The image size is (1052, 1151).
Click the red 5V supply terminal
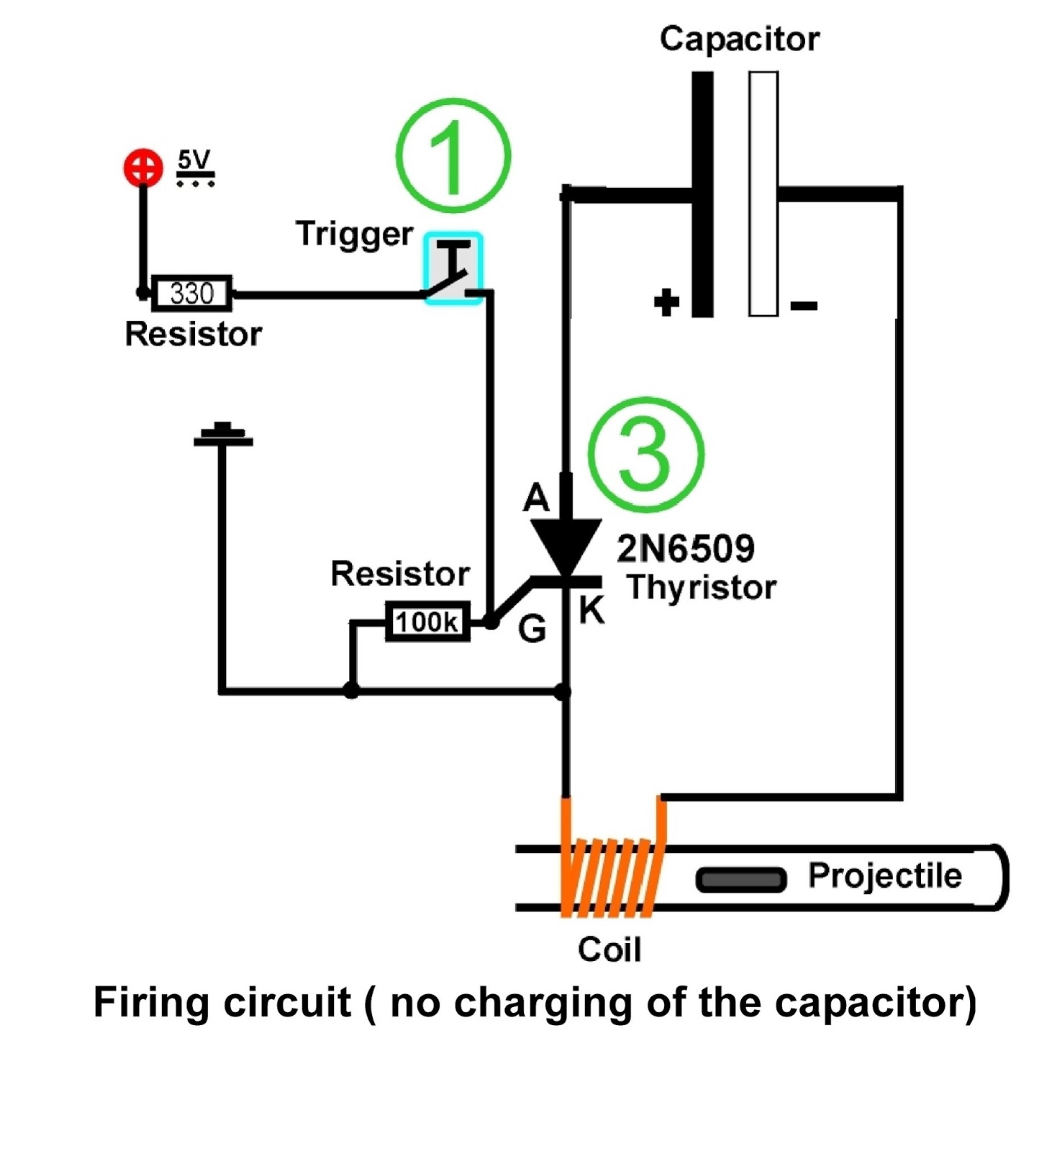142,168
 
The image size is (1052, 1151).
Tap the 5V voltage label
195,168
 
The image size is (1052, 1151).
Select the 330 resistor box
192,294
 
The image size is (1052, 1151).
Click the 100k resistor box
427,622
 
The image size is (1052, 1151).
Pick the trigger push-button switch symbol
453,268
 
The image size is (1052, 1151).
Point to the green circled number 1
453,155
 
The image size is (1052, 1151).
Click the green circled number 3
645,455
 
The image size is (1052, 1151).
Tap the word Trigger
354,235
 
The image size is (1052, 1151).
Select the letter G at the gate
532,629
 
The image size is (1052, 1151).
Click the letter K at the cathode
591,610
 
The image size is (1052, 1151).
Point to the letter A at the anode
536,497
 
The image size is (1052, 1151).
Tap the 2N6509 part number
686,549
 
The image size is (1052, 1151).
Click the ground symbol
223,435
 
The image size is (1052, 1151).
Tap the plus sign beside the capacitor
666,302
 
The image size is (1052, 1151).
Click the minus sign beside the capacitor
804,306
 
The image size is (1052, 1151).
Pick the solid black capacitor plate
702,194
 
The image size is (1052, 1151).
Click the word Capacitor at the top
740,39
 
